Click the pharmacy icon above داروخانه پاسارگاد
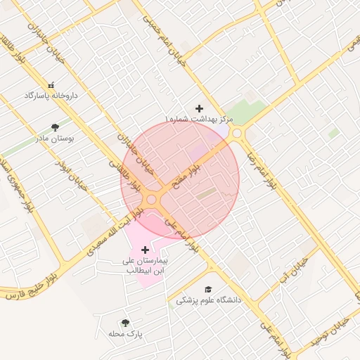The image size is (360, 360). (x=51, y=85)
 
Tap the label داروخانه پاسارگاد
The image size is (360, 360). (x=51, y=95)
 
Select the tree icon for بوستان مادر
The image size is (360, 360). (x=55, y=128)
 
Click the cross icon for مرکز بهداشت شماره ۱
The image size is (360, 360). (x=200, y=108)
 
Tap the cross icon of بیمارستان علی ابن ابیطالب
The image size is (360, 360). (x=146, y=250)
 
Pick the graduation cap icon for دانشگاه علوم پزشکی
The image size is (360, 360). (x=207, y=290)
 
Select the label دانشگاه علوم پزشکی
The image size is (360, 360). (x=207, y=300)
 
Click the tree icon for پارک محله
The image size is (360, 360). (x=125, y=323)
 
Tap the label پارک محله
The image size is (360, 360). (x=125, y=333)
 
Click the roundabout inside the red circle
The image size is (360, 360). (x=151, y=200)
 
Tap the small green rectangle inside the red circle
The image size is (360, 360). (x=206, y=193)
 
